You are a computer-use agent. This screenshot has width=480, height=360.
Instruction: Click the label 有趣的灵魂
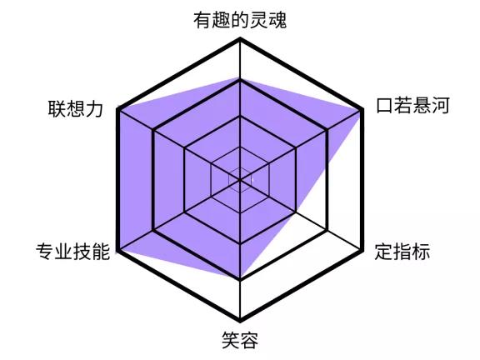(240, 20)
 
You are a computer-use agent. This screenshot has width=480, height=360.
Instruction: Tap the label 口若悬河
(412, 106)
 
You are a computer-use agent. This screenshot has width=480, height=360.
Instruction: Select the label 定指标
(402, 252)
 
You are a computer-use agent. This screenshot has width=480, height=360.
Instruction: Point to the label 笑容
(240, 340)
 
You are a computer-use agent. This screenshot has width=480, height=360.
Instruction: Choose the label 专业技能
(72, 252)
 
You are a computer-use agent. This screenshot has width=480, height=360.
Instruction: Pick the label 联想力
(75, 108)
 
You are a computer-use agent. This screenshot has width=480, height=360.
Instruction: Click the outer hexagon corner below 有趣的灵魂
(240, 39)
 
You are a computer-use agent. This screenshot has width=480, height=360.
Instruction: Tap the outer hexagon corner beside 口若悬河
(362, 110)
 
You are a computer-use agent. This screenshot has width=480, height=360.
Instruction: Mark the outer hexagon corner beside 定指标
(362, 251)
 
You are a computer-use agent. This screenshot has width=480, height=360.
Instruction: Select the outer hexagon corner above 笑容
(240, 321)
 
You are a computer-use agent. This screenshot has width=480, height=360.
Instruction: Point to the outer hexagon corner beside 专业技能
(118, 251)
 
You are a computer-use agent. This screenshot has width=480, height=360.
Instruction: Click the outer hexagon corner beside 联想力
(118, 110)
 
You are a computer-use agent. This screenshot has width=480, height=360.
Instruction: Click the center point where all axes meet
(240, 180)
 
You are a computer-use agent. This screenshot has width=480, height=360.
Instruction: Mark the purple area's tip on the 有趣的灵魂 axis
(240, 77)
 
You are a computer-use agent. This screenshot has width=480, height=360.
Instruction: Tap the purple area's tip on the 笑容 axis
(240, 279)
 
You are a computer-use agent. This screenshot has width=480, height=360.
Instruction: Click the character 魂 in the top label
(277, 20)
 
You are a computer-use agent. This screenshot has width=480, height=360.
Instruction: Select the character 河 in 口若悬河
(440, 106)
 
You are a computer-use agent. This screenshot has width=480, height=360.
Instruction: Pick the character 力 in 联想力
(94, 108)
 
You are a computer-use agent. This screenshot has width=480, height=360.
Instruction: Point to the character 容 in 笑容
(249, 340)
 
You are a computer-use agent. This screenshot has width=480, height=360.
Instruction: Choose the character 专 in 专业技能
(45, 252)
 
